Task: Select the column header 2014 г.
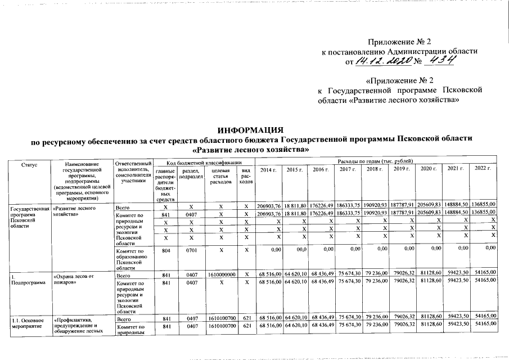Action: click(x=268, y=169)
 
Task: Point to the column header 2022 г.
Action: click(x=484, y=169)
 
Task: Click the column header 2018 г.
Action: click(x=373, y=169)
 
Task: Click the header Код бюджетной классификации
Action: click(x=202, y=162)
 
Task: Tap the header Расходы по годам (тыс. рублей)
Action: click(x=376, y=162)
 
